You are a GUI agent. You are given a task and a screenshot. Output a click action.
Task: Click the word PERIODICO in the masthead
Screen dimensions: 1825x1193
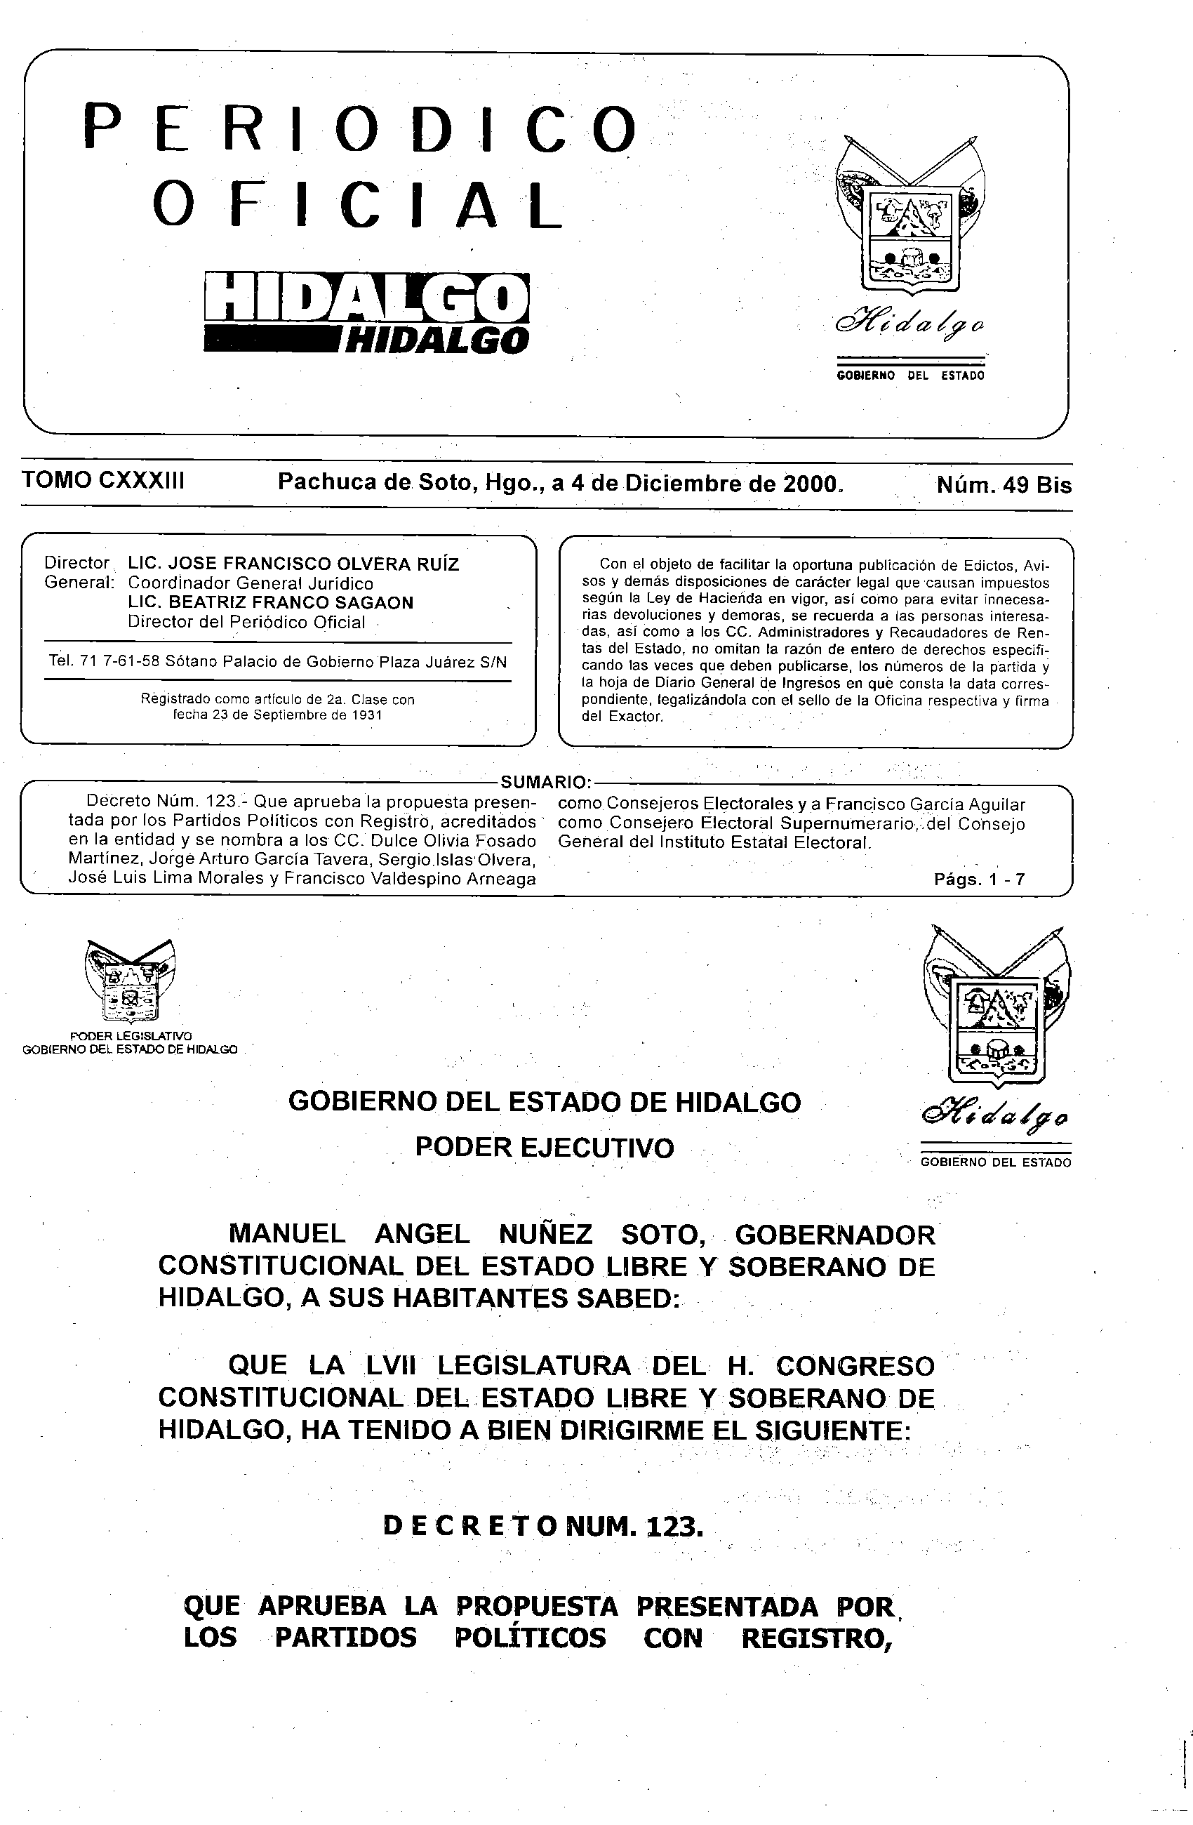(359, 129)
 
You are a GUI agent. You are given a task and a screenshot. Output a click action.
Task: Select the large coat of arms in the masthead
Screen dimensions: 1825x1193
(909, 217)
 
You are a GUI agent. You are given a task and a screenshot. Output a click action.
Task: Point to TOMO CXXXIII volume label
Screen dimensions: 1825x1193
(103, 481)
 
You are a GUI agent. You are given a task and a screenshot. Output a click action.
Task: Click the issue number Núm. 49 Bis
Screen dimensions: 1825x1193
(1004, 484)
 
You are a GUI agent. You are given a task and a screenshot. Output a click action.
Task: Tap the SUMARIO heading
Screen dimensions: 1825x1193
(545, 782)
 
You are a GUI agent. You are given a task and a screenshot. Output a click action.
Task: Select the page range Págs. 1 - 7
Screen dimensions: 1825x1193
(979, 880)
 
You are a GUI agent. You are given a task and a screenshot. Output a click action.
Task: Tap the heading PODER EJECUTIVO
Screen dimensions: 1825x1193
(545, 1148)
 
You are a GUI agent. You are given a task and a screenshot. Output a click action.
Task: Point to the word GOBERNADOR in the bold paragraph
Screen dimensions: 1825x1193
(835, 1235)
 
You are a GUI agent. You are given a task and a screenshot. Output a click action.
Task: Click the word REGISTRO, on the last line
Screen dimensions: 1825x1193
(818, 1638)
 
